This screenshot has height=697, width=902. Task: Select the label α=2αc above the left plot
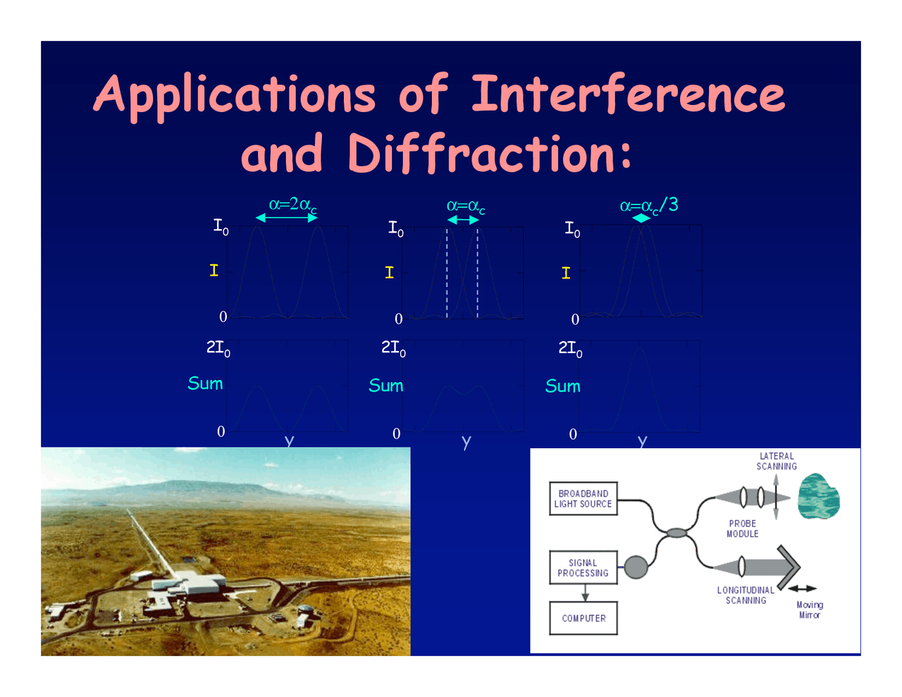[x=292, y=205]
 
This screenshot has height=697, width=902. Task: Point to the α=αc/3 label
[x=648, y=205]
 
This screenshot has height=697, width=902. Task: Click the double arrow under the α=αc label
[x=463, y=220]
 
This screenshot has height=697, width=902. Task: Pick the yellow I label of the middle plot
[x=389, y=273]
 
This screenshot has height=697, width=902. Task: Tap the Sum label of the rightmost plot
[x=562, y=386]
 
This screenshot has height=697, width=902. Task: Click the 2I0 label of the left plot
[x=218, y=347]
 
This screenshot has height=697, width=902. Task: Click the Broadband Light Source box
[x=583, y=498]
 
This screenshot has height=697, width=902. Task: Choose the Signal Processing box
[x=583, y=568]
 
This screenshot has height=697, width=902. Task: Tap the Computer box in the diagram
[x=583, y=618]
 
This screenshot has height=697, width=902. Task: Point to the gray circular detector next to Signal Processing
[x=636, y=567]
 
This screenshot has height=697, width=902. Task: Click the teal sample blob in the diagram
[x=818, y=496]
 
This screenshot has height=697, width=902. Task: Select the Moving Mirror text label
[x=810, y=610]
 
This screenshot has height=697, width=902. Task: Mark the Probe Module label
[x=743, y=529]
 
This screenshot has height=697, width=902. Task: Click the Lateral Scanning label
[x=777, y=461]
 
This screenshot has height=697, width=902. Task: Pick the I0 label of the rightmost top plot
[x=572, y=229]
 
